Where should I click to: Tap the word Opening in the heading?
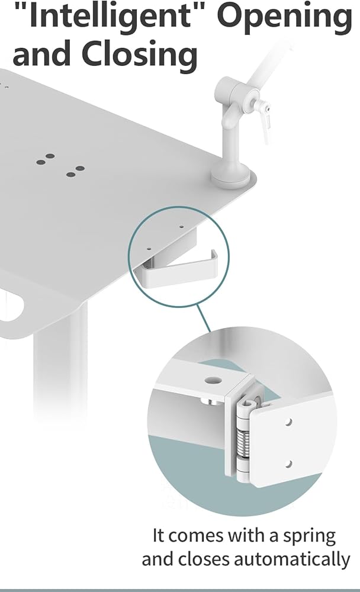[285, 17]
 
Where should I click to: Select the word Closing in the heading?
[139, 54]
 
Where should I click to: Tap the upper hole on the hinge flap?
[288, 422]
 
